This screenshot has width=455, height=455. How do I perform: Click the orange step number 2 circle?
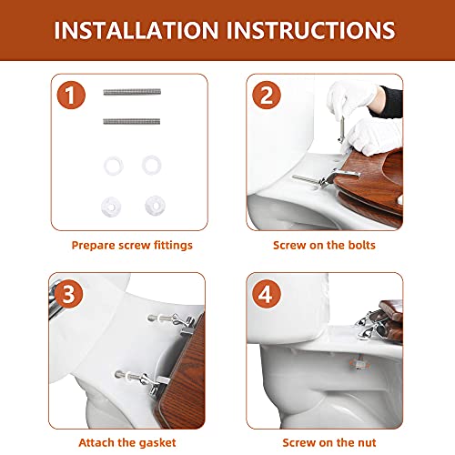265,94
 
